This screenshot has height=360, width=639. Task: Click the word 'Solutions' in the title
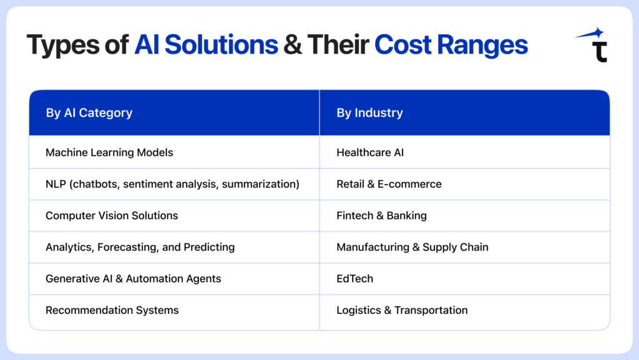point(222,44)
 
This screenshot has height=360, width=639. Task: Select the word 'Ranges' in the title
point(482,45)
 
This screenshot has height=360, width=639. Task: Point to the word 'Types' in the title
point(63,46)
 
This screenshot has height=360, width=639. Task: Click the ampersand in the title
point(293,44)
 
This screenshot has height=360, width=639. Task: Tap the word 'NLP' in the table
point(56,184)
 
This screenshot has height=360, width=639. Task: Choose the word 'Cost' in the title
point(402,44)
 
